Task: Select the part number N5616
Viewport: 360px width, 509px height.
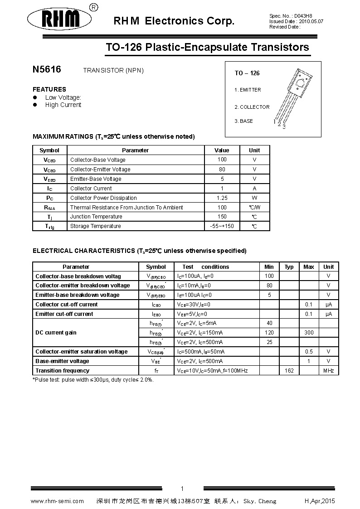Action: [47, 70]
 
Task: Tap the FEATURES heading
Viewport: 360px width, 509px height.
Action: [49, 89]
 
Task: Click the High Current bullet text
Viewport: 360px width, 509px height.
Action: [63, 105]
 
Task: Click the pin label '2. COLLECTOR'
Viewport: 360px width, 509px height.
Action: [252, 107]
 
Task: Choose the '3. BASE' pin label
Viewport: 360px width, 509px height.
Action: [244, 121]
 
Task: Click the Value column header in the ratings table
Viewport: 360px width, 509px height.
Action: [222, 150]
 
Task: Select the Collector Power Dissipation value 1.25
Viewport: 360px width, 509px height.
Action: [222, 198]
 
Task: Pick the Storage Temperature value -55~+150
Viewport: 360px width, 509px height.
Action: [222, 226]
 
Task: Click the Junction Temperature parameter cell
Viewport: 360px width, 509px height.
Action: [96, 217]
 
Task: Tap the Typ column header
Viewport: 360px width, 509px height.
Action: [289, 267]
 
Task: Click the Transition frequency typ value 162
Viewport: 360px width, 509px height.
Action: [289, 371]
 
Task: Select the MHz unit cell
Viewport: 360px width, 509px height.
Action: [328, 371]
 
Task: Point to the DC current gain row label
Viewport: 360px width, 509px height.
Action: [56, 333]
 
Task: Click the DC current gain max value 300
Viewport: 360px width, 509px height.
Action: [309, 333]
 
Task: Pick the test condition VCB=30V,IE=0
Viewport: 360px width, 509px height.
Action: [194, 305]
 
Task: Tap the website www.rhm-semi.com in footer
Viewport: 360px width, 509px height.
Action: [57, 501]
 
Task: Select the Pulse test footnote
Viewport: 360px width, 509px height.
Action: [93, 380]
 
